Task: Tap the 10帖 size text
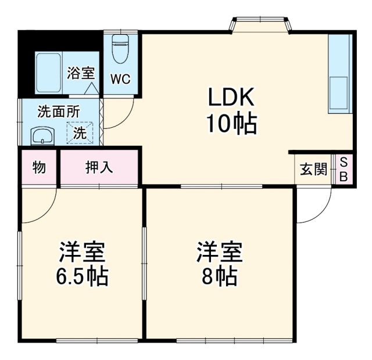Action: [x=231, y=123]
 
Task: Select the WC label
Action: [x=120, y=78]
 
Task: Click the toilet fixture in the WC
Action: [x=120, y=50]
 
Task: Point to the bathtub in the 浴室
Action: [x=48, y=73]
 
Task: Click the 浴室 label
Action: [x=80, y=73]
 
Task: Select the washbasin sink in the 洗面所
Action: [x=42, y=136]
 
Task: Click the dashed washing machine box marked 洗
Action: [x=79, y=132]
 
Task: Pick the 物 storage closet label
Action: [x=39, y=168]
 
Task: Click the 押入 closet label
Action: [x=99, y=168]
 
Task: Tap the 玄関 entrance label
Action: [x=313, y=170]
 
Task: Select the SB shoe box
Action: [x=343, y=169]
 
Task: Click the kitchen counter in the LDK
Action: [x=339, y=73]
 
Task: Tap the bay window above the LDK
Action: [x=261, y=24]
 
